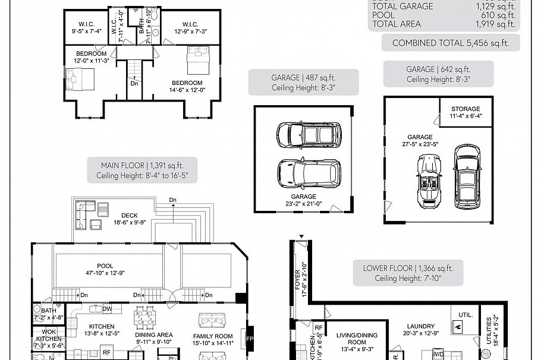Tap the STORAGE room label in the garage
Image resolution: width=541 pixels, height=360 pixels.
pyautogui.click(x=465, y=109)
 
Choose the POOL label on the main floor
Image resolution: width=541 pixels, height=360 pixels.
pyautogui.click(x=105, y=266)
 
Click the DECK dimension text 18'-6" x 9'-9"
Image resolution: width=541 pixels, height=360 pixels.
pyautogui.click(x=129, y=223)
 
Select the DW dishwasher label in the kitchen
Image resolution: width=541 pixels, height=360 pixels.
pyautogui.click(x=107, y=309)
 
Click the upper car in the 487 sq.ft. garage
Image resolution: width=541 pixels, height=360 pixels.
pyautogui.click(x=309, y=135)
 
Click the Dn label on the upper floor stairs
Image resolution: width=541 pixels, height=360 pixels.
pyautogui.click(x=135, y=83)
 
